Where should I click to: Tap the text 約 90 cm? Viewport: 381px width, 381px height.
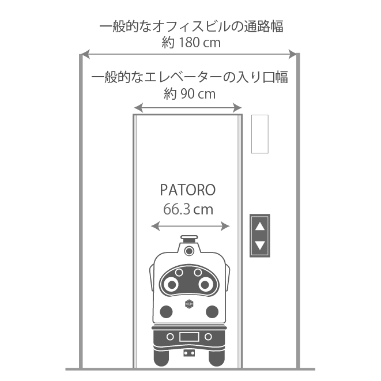[189, 94]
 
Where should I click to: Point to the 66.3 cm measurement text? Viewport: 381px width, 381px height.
[188, 210]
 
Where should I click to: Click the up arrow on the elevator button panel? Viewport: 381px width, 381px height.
[260, 226]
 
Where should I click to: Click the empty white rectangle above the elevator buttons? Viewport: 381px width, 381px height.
[260, 134]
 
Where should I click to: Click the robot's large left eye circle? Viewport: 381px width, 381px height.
[171, 283]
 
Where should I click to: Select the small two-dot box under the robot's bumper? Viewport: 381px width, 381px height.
[188, 352]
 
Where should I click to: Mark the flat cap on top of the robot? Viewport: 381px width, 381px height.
[188, 237]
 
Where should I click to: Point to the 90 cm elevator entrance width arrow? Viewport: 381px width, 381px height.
[188, 107]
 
